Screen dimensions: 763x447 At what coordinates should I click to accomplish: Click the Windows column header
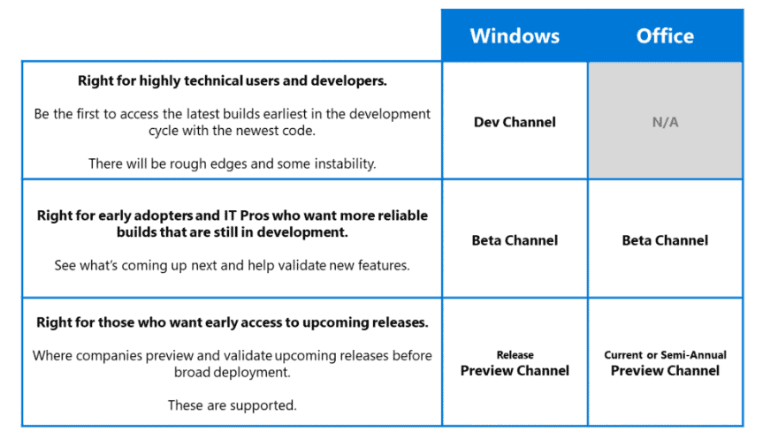tap(515, 36)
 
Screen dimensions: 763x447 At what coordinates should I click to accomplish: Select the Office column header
tap(665, 36)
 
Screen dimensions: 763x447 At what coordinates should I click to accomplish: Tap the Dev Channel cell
tap(515, 122)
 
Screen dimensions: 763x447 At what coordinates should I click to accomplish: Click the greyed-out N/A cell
tap(665, 122)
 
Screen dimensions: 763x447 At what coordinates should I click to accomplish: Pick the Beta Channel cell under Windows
tap(515, 240)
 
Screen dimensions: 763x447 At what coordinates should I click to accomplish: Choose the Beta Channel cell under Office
tap(665, 240)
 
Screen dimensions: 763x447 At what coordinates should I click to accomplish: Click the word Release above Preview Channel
tap(515, 355)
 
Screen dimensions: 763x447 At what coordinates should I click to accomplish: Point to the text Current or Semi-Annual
tap(665, 355)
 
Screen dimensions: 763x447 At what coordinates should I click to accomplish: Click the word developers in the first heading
tap(348, 80)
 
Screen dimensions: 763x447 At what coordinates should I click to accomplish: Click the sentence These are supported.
tap(233, 405)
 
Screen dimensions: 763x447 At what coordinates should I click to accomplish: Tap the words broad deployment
tap(233, 373)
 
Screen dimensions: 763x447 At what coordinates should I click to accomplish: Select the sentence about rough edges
tap(233, 164)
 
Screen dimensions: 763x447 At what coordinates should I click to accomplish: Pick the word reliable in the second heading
tap(401, 216)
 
